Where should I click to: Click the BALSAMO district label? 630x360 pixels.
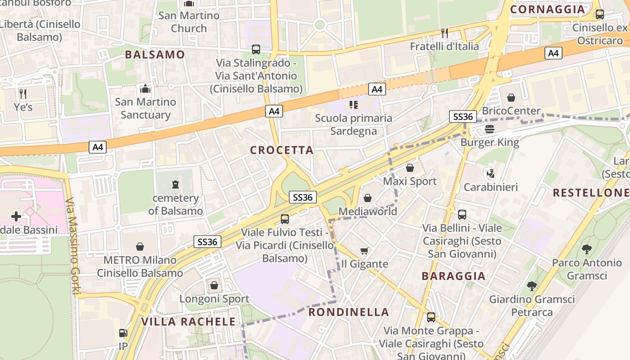coord(155,54)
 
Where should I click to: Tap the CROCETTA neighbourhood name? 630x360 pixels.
coord(282,150)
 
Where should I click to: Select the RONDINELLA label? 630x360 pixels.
coord(349,312)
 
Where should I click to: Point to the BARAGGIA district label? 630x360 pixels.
coord(454,276)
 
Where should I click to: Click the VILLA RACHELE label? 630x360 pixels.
coord(189,321)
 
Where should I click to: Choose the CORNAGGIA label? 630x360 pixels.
coord(548,9)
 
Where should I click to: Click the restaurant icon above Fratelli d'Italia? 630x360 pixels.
coord(445,33)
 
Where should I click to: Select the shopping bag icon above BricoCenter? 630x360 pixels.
coord(511,98)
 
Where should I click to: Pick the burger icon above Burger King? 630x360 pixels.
coord(490,130)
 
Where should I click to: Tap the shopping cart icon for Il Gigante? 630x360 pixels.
coord(364,251)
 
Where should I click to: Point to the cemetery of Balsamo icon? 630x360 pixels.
coord(175,184)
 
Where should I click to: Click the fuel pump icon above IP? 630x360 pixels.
coord(123,333)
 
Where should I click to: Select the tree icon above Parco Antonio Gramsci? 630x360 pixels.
coord(587,249)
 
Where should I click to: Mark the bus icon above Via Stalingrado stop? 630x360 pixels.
coord(256,49)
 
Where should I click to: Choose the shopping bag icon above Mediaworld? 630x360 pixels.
coord(368,198)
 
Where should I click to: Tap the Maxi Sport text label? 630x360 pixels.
coord(409,181)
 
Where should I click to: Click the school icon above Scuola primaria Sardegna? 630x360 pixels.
coord(353,105)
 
